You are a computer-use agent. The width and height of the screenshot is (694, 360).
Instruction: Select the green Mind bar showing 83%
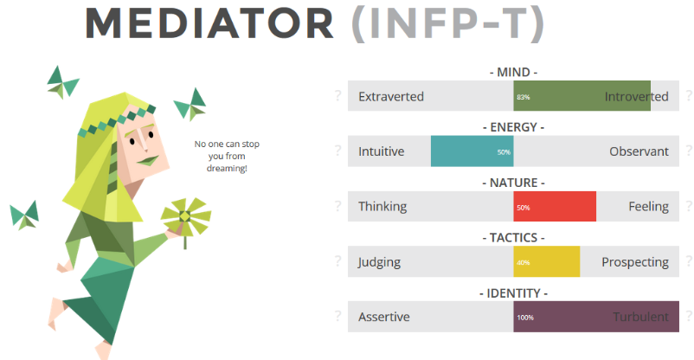[x=582, y=96]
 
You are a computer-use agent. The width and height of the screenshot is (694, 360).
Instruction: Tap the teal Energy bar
[x=472, y=151]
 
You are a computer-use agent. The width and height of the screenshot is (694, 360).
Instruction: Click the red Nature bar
[x=555, y=207]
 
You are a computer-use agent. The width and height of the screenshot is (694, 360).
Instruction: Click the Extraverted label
[x=391, y=96]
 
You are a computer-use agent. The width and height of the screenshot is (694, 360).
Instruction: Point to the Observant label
[x=639, y=151]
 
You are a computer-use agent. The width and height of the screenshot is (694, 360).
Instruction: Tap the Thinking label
[x=382, y=207]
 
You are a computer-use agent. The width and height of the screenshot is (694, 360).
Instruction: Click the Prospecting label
[x=635, y=261]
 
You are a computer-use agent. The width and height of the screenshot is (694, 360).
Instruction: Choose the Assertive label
[x=384, y=317]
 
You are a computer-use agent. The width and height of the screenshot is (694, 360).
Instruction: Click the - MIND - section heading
[x=513, y=72]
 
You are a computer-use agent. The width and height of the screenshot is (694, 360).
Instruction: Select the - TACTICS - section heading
[x=513, y=237]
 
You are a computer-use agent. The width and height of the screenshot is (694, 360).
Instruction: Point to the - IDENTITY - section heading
[x=513, y=292]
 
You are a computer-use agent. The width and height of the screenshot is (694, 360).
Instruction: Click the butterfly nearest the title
[x=62, y=81]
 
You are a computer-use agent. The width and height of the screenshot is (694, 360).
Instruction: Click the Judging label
[x=380, y=261]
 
